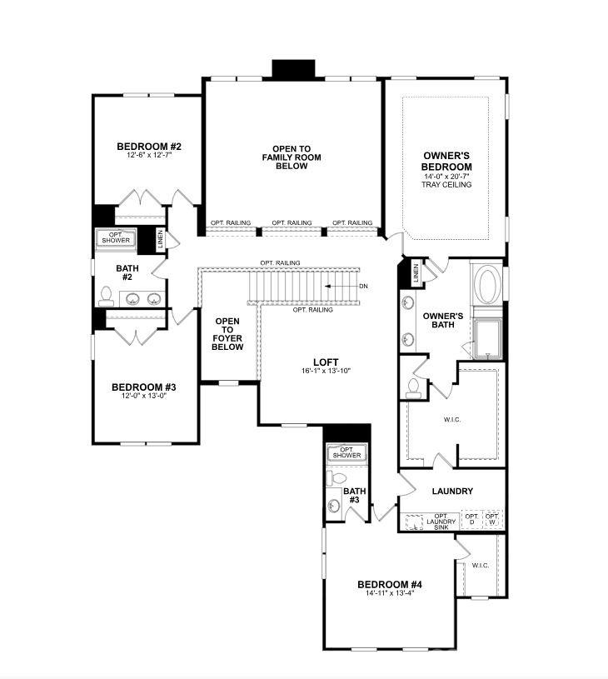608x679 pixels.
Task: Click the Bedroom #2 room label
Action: pos(149,147)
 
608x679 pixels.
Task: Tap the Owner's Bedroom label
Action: pos(447,161)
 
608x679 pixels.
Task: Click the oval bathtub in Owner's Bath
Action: pos(487,286)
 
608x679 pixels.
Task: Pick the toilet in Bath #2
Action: pos(107,295)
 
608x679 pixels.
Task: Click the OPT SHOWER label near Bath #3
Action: pos(346,452)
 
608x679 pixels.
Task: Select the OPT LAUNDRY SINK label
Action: pos(441,522)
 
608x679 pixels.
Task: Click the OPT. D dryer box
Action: pos(471,520)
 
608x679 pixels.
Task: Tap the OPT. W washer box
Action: pos(492,520)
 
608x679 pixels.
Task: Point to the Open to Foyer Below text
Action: pos(227,333)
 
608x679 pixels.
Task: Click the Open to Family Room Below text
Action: pos(291,157)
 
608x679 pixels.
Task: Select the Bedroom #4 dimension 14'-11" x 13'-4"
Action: pos(390,593)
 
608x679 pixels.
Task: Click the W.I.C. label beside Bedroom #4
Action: pos(481,566)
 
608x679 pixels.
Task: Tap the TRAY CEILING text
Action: pos(447,185)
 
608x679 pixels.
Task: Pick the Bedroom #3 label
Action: pos(143,387)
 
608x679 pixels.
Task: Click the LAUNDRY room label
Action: pos(452,492)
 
